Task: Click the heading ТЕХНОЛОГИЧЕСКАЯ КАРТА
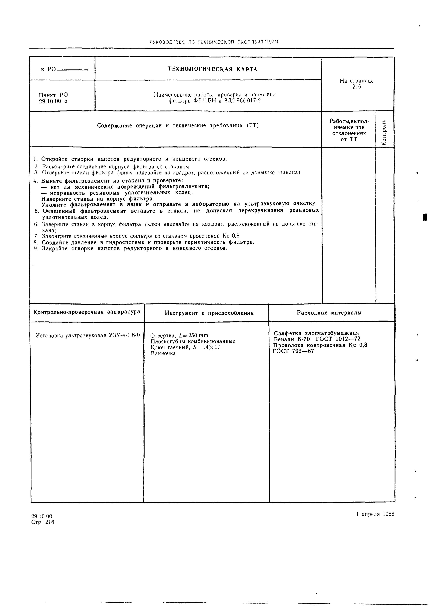tap(213, 69)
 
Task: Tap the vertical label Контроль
tap(384, 132)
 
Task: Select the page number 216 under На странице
tap(356, 87)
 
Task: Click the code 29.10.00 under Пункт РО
tap(50, 101)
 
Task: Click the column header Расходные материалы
tap(329, 313)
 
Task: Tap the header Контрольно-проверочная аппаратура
tap(87, 312)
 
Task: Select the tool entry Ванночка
tap(163, 353)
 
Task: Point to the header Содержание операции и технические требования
tap(178, 126)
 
